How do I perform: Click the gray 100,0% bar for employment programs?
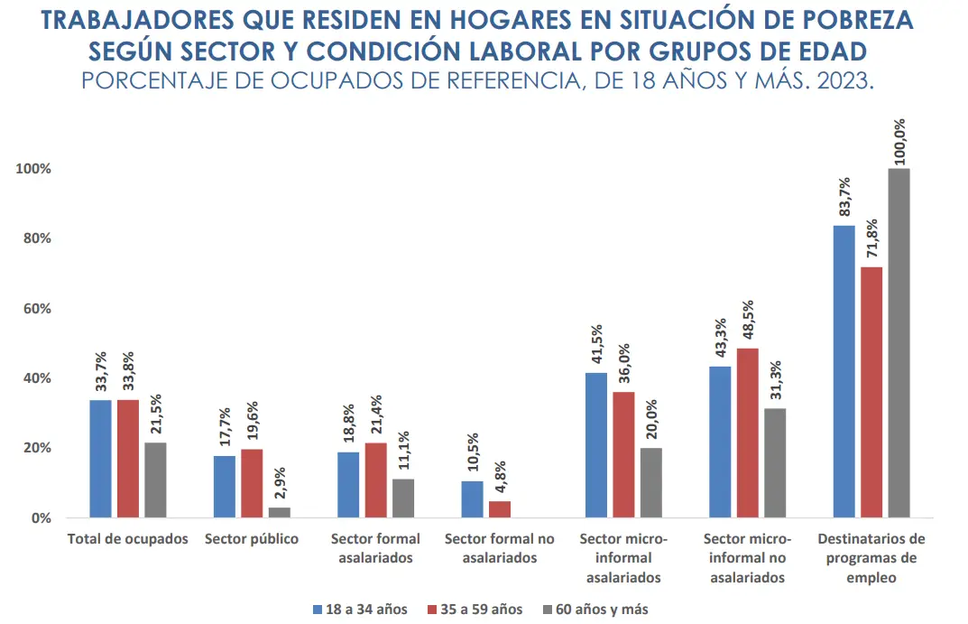[x=899, y=343]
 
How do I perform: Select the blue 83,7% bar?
[x=844, y=371]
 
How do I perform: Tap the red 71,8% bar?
[x=871, y=392]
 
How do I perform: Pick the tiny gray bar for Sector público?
[x=280, y=513]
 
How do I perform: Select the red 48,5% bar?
[x=748, y=433]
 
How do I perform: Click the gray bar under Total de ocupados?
[x=155, y=480]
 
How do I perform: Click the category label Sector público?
[x=252, y=539]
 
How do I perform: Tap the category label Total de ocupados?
[x=128, y=539]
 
